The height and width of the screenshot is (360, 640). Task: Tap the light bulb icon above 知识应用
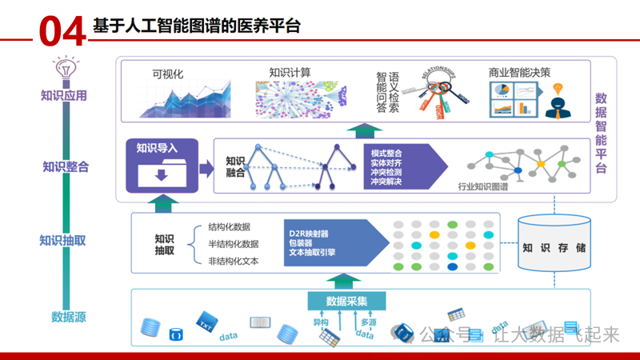point(63,68)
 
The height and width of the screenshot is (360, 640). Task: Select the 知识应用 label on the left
point(64,96)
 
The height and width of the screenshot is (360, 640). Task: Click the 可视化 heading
point(168,74)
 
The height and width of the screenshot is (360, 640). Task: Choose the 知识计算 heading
point(290,73)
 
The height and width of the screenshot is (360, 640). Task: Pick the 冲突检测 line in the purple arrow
point(386,172)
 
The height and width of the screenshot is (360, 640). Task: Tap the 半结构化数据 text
point(233,244)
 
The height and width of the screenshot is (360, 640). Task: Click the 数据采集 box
point(346,301)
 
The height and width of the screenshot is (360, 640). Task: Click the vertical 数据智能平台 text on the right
point(601,132)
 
